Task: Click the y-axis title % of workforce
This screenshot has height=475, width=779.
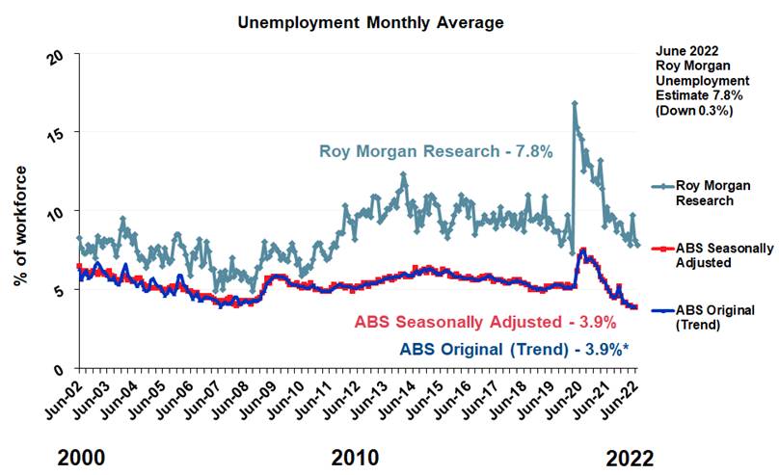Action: [21, 225]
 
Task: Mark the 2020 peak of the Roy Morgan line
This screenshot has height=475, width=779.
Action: [575, 103]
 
